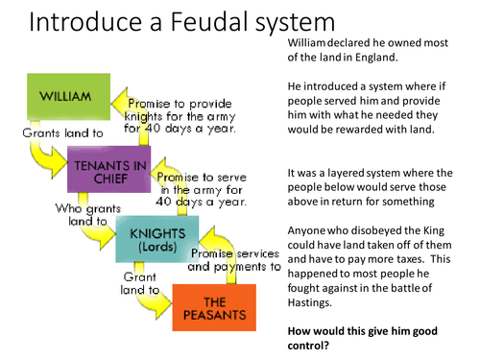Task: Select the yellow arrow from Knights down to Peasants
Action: pyautogui.click(x=144, y=300)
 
